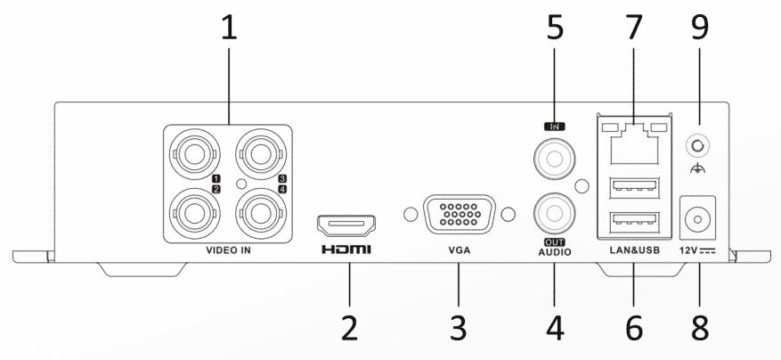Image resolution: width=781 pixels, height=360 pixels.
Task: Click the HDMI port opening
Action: [346, 225]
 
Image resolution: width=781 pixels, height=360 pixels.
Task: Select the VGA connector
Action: [459, 215]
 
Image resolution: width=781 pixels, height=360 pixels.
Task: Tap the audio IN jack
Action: [554, 159]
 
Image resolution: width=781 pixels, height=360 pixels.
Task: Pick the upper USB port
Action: [634, 187]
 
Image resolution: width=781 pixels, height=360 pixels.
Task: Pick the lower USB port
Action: [634, 222]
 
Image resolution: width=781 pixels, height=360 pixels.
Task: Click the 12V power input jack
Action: [698, 218]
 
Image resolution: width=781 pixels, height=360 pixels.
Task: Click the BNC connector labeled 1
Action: [194, 154]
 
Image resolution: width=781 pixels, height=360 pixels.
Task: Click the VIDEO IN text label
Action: [229, 250]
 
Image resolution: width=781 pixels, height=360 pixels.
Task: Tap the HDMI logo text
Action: [346, 250]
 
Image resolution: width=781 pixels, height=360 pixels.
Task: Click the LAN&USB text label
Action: [634, 250]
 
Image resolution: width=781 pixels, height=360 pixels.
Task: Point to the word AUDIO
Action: [555, 252]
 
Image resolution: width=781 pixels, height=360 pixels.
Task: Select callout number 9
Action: [699, 27]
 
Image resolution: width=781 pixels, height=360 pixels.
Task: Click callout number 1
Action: [229, 27]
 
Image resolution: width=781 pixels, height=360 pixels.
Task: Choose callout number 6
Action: [634, 328]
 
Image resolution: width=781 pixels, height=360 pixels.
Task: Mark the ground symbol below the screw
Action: [697, 170]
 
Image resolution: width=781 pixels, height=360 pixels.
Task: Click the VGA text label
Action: [460, 250]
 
